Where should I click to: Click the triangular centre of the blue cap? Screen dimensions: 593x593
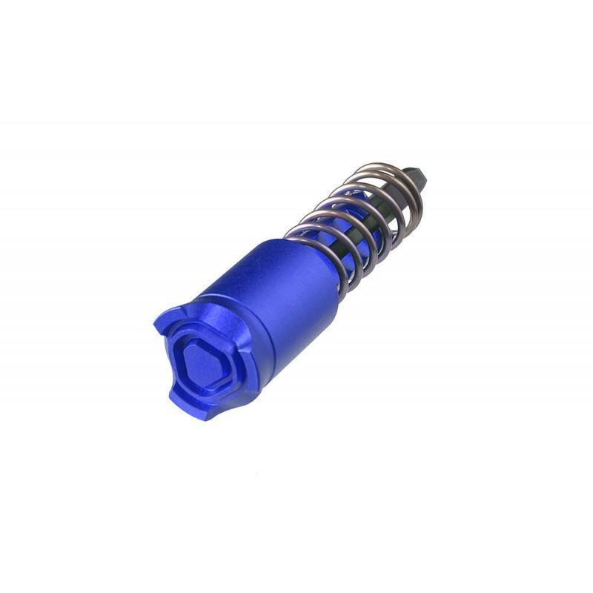pos(201,361)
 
